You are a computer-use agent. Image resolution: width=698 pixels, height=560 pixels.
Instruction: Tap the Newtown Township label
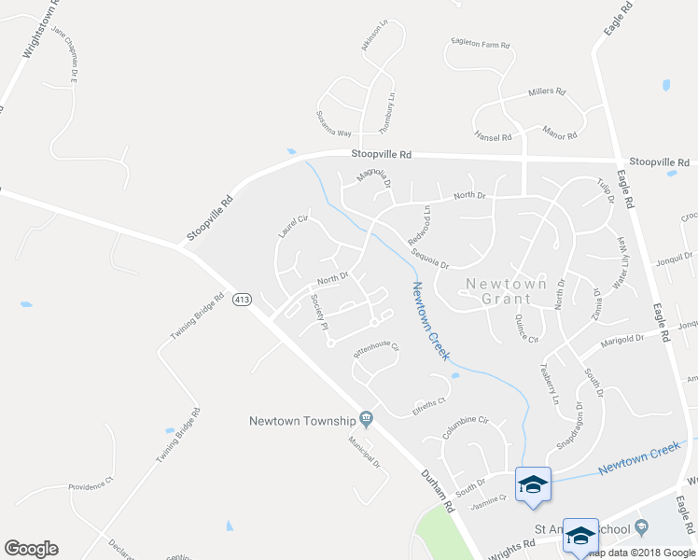[x=303, y=420]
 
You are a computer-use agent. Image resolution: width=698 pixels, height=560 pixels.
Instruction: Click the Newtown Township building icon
[x=367, y=419]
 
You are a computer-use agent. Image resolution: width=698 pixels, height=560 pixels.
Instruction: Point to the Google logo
[x=31, y=549]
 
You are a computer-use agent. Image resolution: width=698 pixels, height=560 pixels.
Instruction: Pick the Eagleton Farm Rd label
[x=480, y=45]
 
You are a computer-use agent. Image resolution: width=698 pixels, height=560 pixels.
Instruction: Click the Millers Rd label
[x=547, y=92]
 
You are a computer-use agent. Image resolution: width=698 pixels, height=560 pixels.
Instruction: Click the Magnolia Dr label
[x=372, y=177]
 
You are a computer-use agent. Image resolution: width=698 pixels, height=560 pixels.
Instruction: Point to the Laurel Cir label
[x=292, y=223]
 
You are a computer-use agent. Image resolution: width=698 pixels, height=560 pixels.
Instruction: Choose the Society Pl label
[x=319, y=313]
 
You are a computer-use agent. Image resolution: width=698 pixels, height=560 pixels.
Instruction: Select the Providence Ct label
[x=91, y=484]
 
